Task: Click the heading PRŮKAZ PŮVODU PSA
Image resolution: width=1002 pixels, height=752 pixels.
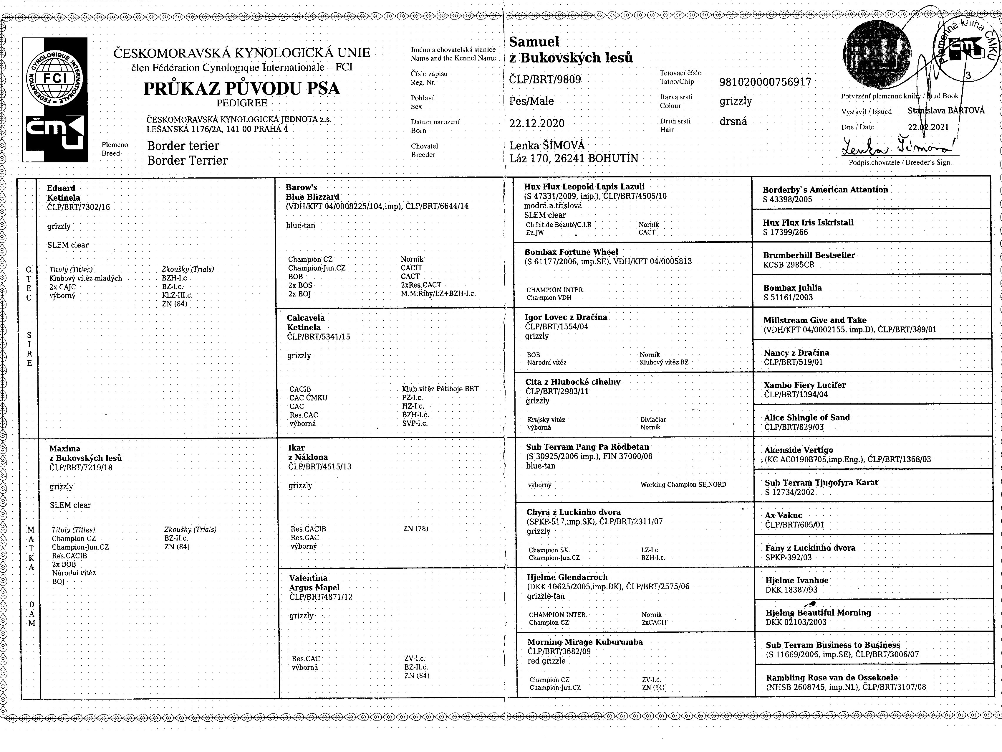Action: coord(241,88)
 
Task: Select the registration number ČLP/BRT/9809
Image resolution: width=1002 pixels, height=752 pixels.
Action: coord(545,80)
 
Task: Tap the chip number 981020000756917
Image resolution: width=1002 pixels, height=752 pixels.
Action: coord(765,82)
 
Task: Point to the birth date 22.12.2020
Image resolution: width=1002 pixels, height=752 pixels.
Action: coord(537,123)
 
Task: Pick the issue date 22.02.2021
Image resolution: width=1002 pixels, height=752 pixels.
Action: coord(928,127)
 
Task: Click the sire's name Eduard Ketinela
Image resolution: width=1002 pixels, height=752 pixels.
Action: coord(63,193)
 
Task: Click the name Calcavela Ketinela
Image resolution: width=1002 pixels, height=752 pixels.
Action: coord(305,322)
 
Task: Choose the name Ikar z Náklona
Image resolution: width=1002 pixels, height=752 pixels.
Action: coord(308,452)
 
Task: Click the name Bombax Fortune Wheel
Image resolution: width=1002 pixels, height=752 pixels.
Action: coord(571,252)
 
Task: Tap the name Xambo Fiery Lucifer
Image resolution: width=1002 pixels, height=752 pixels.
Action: coord(804,385)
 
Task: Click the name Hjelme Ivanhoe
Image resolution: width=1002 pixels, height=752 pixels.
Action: coord(796,580)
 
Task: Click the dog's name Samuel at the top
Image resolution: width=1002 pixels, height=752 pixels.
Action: coord(534,42)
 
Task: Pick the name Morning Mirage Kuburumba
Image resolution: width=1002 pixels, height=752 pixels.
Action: coord(585,642)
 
